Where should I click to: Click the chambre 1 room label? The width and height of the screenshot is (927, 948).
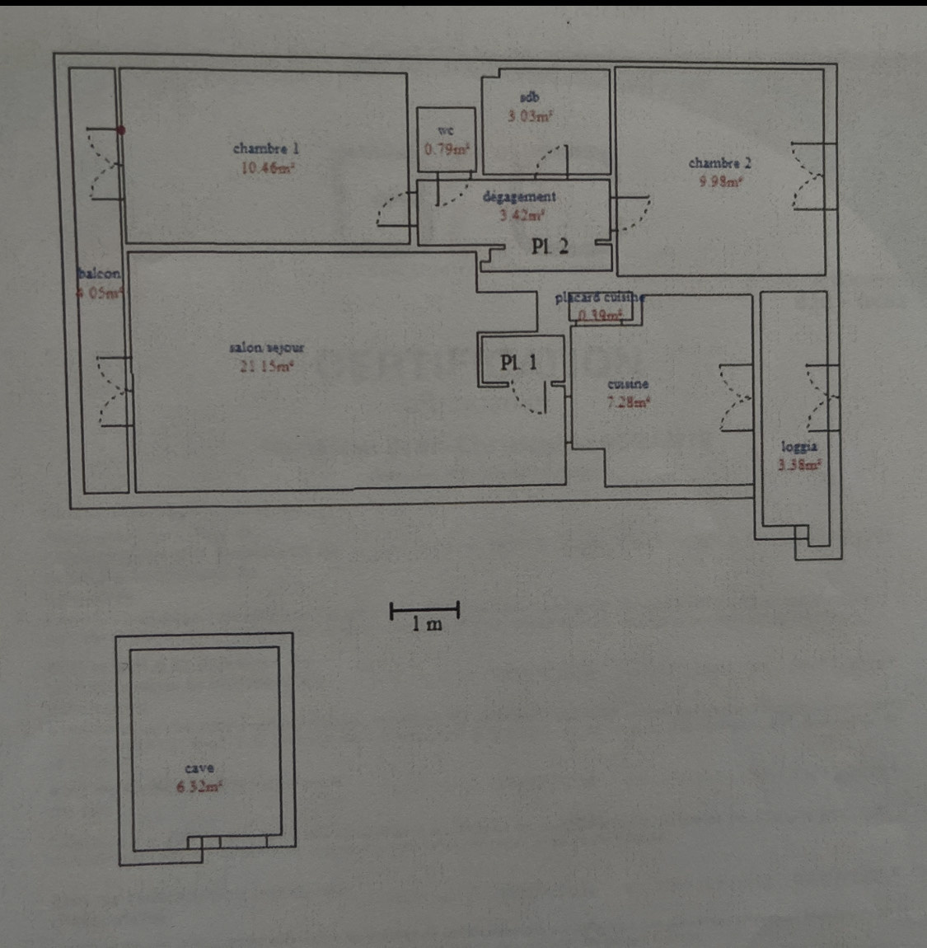tap(265, 148)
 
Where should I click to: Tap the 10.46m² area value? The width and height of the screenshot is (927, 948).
tap(267, 168)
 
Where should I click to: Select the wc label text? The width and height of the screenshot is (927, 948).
tap(446, 131)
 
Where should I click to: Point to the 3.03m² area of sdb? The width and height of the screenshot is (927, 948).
tap(530, 116)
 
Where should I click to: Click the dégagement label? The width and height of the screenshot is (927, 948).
tap(519, 197)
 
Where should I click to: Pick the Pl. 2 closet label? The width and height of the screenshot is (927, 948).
tap(550, 246)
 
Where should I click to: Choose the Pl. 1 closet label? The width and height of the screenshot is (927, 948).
tap(518, 362)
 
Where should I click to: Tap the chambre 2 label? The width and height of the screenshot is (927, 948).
tap(719, 163)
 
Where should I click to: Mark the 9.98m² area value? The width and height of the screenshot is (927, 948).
tap(720, 182)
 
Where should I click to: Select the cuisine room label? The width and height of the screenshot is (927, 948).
tap(628, 384)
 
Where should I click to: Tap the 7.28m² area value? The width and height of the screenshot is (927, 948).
tap(629, 402)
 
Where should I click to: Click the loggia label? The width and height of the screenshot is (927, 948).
tap(799, 446)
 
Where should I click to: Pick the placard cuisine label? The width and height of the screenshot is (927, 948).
tap(599, 297)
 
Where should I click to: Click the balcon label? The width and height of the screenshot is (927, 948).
tap(99, 274)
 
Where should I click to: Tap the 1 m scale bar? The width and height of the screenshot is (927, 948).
tap(424, 611)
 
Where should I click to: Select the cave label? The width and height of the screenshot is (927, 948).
tap(199, 768)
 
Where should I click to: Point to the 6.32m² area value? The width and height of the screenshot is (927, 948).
tap(199, 786)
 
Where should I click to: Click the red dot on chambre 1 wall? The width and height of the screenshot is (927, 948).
tap(121, 129)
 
